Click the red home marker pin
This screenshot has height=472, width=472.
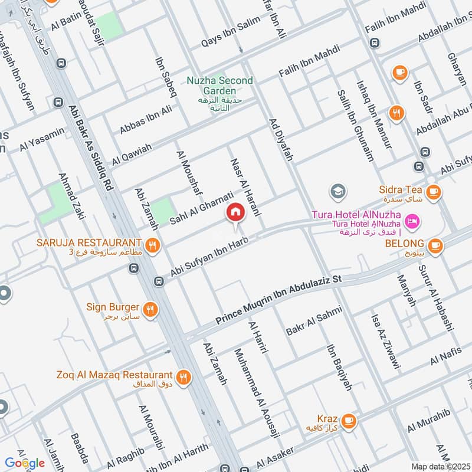tap(235, 212)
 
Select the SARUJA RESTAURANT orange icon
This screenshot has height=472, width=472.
tap(153, 244)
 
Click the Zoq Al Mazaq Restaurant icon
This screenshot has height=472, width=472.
tap(183, 375)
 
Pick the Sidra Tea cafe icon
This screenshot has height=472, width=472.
tap(434, 191)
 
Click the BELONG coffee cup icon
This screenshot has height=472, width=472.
tap(435, 245)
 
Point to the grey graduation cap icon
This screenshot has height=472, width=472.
tap(338, 190)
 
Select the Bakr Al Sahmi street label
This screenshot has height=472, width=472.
tap(313, 319)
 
